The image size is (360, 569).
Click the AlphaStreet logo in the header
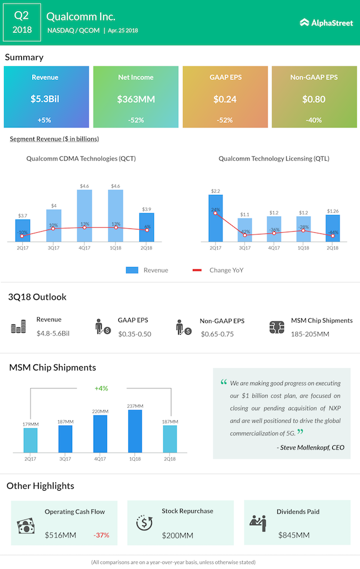tap(326, 23)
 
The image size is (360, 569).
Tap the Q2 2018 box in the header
tap(22, 23)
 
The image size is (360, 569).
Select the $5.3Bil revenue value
tap(44, 99)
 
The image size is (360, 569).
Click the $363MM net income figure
tap(136, 99)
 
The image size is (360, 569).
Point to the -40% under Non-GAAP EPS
tap(314, 120)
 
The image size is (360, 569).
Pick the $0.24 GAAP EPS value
tap(225, 99)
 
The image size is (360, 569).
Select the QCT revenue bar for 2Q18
tap(147, 227)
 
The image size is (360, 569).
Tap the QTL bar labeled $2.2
tap(216, 218)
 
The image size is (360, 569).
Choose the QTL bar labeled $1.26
tap(332, 228)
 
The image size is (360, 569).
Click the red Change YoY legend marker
tap(197, 270)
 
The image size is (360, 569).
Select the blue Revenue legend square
tap(132, 270)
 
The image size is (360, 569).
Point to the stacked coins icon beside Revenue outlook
tap(18, 327)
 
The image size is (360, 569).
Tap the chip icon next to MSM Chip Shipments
tap(276, 327)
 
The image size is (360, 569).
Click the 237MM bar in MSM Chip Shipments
tap(135, 431)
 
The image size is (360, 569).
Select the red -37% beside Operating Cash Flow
tap(101, 535)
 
